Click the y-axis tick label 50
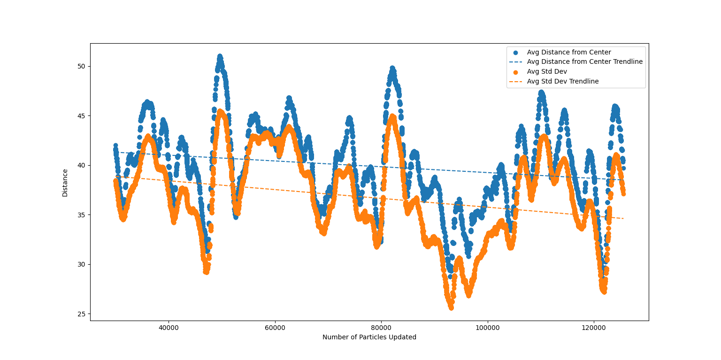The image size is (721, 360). point(82,66)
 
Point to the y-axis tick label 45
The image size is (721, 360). point(82,116)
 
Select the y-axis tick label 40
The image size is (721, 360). point(82,165)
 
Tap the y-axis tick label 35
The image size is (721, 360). point(82,215)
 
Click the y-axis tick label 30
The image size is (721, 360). point(82,264)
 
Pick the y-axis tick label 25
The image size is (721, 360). point(82,314)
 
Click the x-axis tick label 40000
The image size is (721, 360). point(169,327)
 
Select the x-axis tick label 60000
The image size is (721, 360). point(275,327)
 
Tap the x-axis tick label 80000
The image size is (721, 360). point(381,327)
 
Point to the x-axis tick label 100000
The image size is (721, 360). point(487,327)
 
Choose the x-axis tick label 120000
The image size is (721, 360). point(594,327)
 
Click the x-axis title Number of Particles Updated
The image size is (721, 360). point(369,337)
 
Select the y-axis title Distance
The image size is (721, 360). point(65,183)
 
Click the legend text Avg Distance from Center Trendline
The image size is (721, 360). point(584,62)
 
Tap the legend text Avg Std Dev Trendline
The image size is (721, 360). point(562,81)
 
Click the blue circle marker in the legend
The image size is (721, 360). point(515,53)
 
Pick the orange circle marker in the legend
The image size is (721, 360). point(515,72)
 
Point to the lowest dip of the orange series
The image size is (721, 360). point(451,307)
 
